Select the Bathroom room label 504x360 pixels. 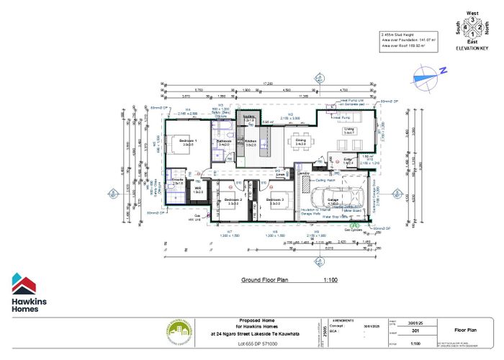click(x=223, y=142)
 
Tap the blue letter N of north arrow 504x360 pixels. click(x=444, y=71)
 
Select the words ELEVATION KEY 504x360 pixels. click(x=472, y=47)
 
